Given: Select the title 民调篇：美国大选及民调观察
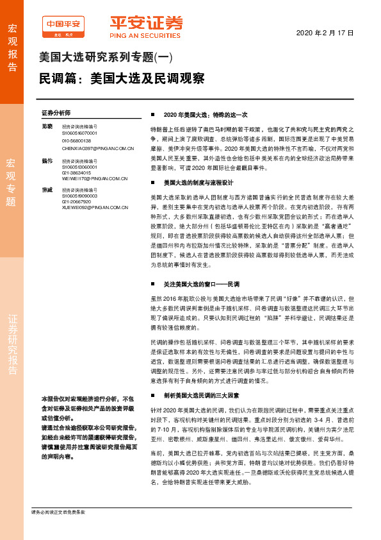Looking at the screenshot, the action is [122, 78].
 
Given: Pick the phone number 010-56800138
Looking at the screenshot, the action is [76, 140].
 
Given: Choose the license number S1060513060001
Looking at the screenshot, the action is [80, 166].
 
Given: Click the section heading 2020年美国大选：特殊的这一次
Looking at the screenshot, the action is [205, 114].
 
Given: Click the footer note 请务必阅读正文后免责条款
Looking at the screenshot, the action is [58, 512].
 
